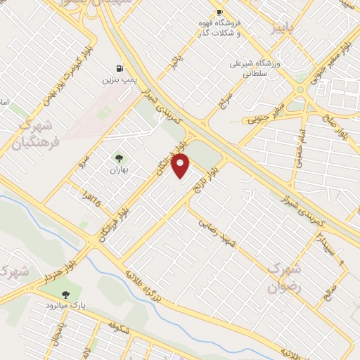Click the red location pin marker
181,166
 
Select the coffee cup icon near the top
219,12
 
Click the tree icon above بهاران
117,157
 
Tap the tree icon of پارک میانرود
66,295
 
